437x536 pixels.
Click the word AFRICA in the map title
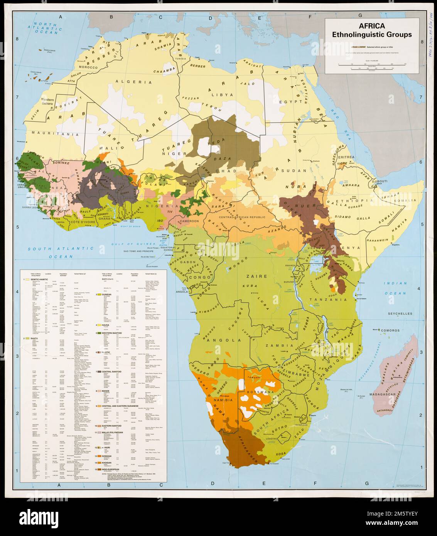coord(372,26)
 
